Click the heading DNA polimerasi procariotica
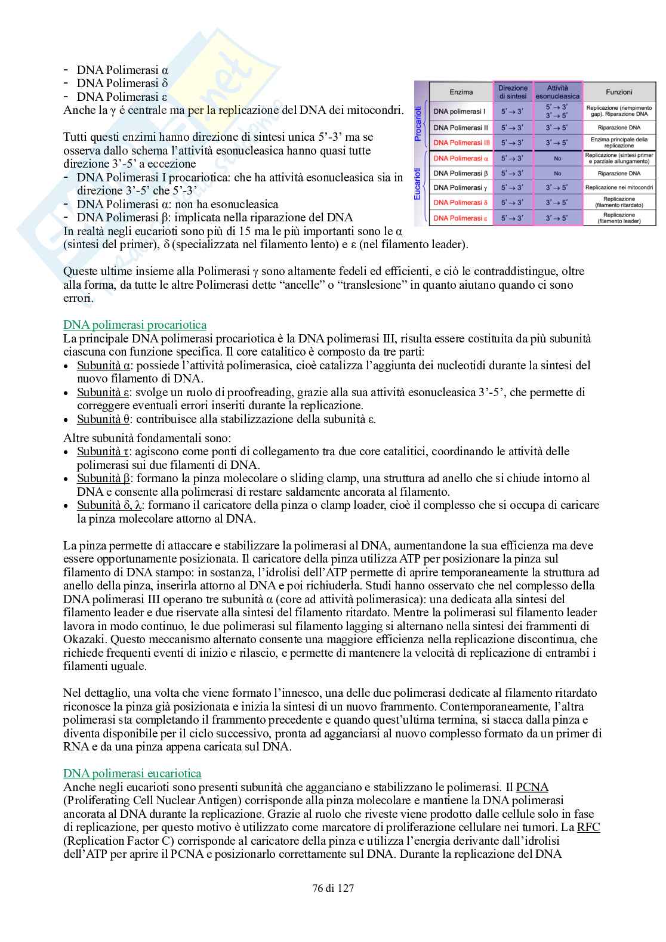[135, 325]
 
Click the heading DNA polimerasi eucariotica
[132, 774]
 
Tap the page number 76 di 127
[333, 888]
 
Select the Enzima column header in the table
[461, 92]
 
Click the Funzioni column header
[619, 92]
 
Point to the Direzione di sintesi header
[513, 92]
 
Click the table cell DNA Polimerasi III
[461, 143]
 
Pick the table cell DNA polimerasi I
[459, 112]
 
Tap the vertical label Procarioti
[418, 124]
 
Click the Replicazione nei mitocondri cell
[619, 187]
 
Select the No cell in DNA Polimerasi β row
[557, 174]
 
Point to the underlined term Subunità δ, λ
[109, 505]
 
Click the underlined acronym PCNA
[532, 787]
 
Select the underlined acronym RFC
[588, 827]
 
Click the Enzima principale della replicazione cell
[619, 143]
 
